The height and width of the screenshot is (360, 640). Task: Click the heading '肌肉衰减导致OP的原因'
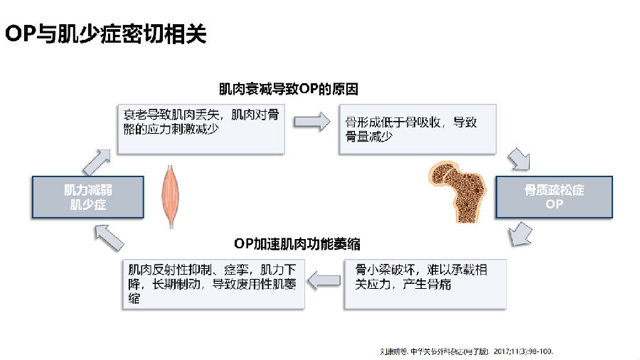[288, 90]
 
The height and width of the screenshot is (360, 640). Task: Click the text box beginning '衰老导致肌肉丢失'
[202, 129]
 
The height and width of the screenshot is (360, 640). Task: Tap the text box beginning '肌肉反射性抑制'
[213, 284]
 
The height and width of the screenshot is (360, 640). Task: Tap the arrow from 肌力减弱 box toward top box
[97, 159]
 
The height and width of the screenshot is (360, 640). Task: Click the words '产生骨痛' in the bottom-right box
[427, 285]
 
